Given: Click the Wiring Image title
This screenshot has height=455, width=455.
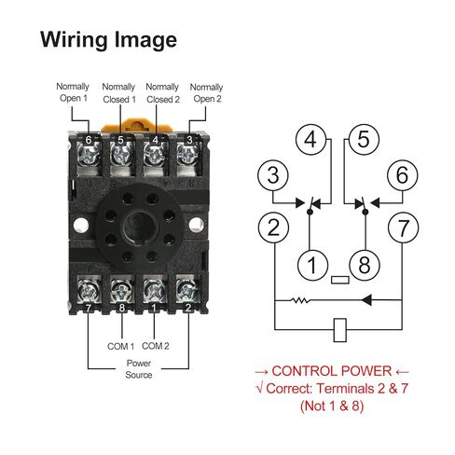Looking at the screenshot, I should point(107,40).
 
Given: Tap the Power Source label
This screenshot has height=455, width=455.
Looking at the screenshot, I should point(139,369).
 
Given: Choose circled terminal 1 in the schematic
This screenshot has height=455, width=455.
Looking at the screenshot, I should point(312,264).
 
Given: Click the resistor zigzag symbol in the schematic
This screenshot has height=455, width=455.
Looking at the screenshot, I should point(298,301).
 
